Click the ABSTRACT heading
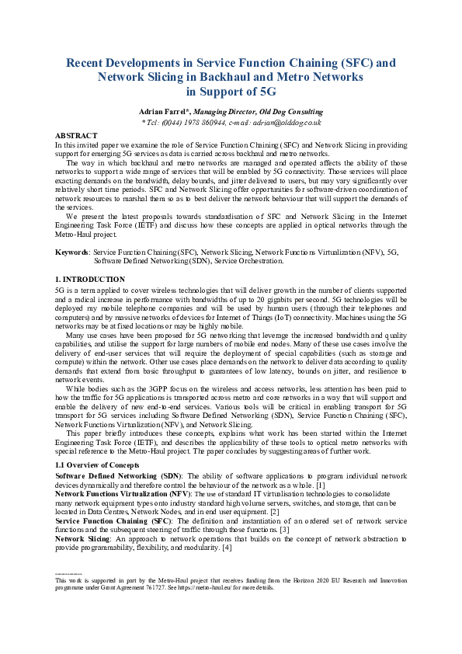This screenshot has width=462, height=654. [76, 135]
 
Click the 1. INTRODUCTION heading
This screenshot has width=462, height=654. [89, 278]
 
